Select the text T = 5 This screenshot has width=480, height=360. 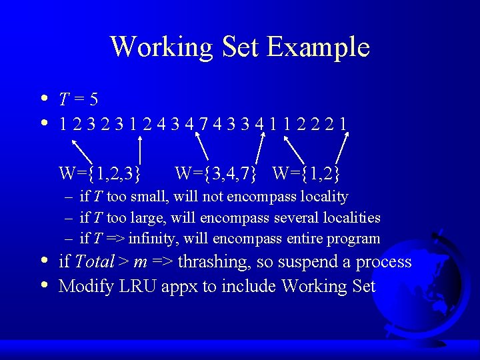click(79, 100)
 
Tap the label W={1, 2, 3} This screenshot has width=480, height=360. click(100, 174)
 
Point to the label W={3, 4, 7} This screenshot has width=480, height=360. click(216, 174)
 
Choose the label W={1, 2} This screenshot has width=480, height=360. click(307, 174)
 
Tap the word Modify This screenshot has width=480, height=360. click(83, 287)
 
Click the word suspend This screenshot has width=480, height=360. click(311, 262)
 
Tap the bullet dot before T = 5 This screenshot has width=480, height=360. click(43, 99)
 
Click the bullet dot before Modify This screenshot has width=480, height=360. click(43, 285)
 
